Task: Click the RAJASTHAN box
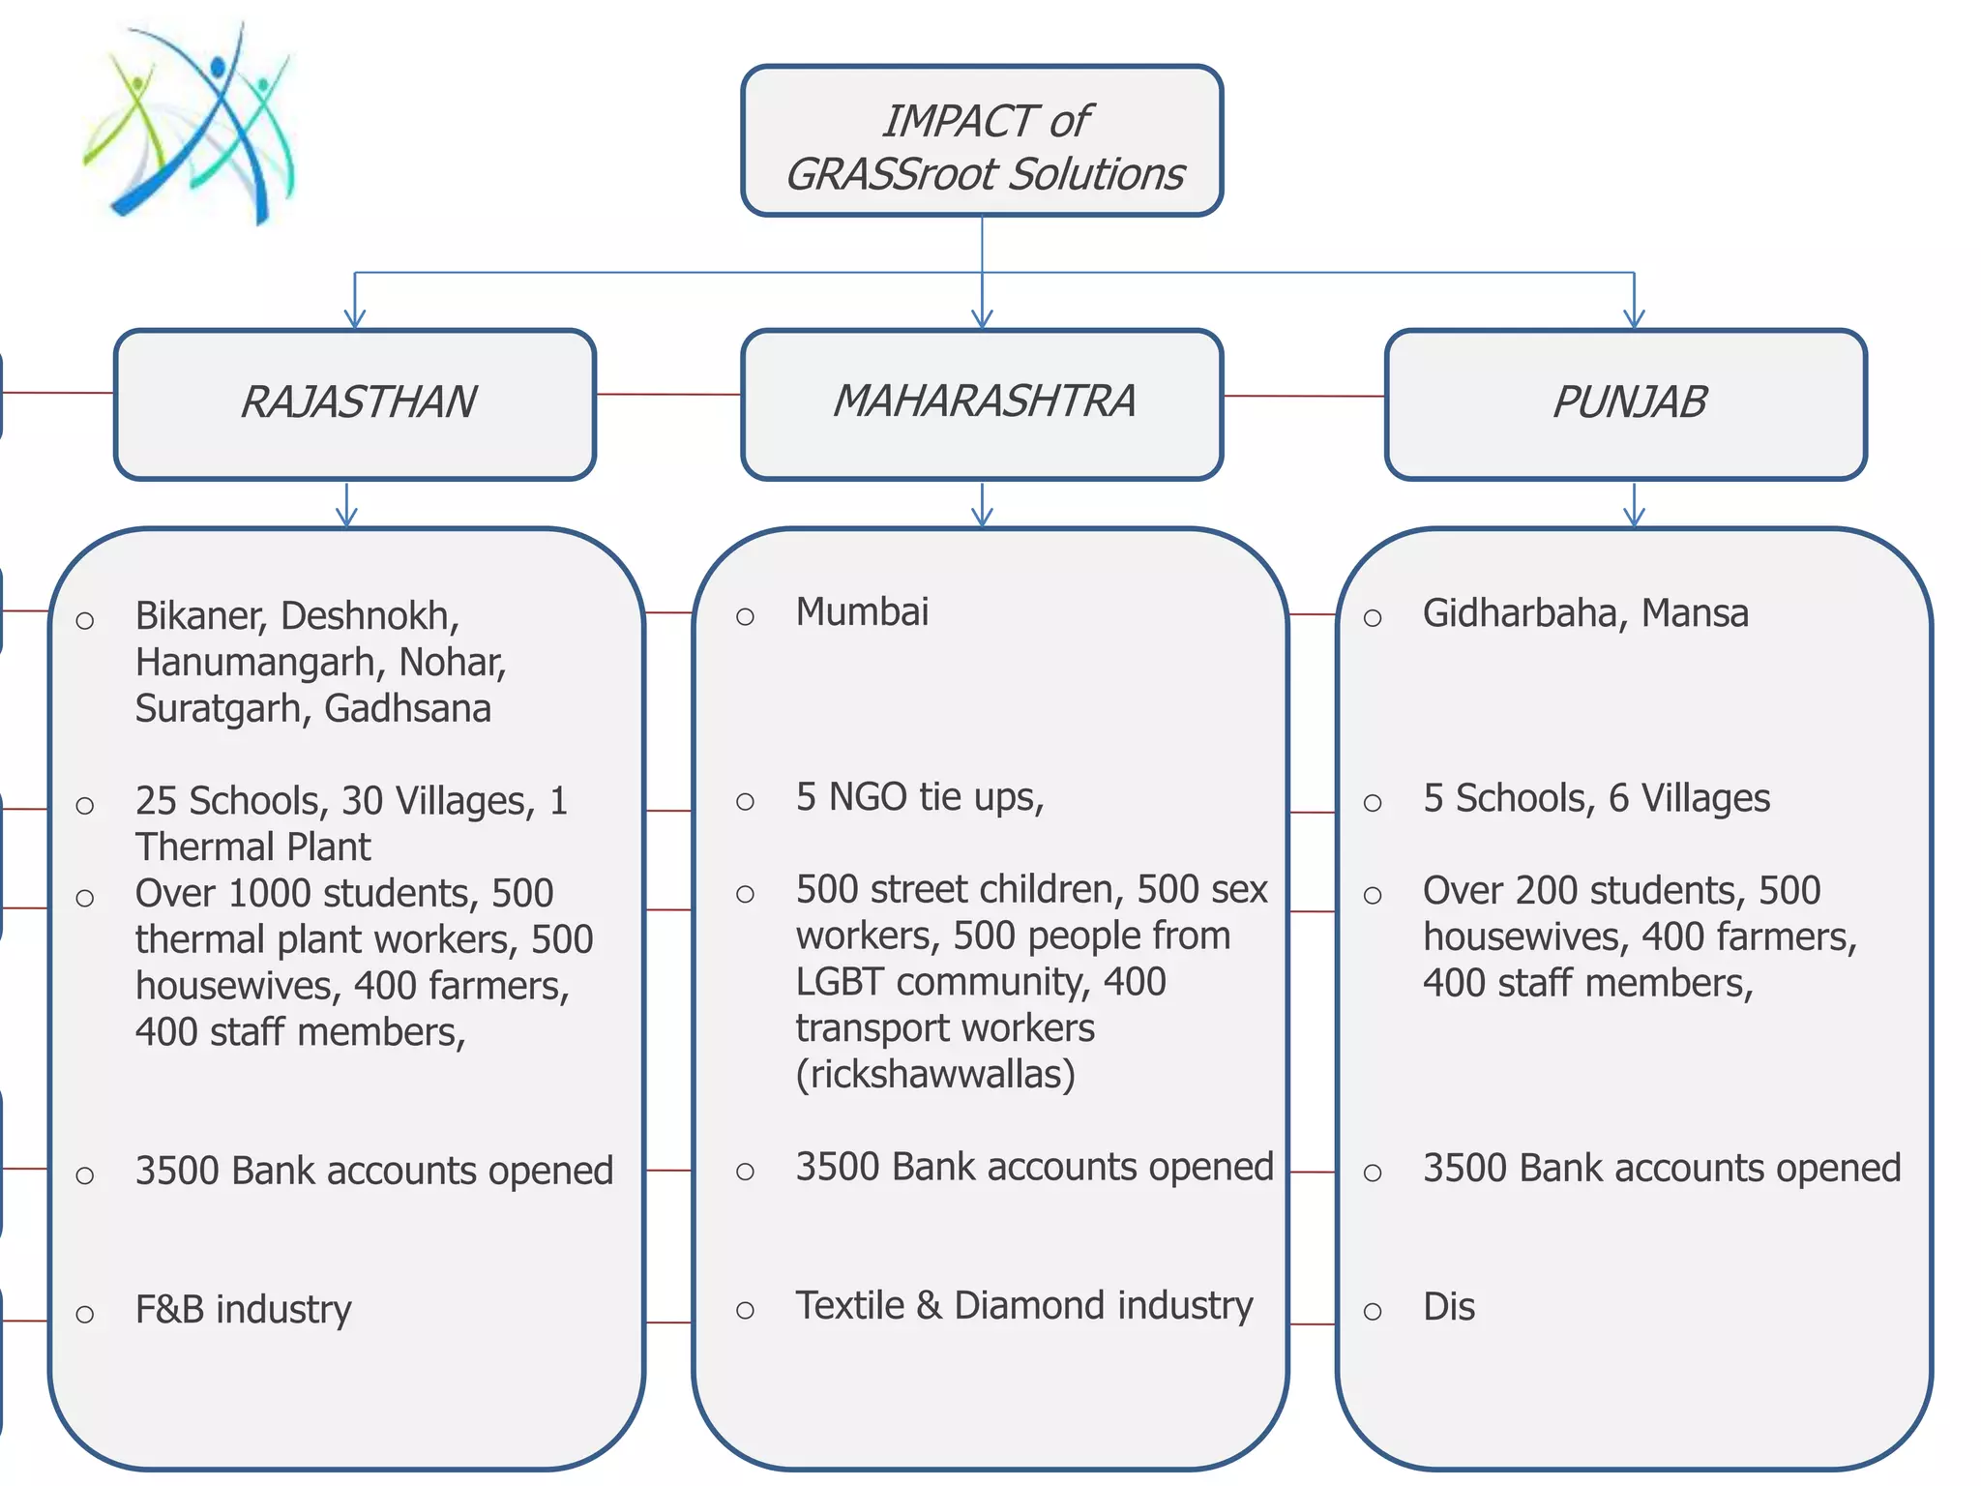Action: point(355,403)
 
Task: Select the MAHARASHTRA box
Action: point(982,403)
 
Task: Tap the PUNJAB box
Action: point(1626,403)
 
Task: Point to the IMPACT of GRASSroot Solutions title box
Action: point(982,141)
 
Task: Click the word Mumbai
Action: point(862,612)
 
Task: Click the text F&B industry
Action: point(243,1310)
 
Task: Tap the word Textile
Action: point(849,1306)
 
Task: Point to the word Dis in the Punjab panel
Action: point(1448,1308)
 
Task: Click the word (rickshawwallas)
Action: point(935,1075)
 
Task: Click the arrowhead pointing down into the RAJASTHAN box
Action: point(355,318)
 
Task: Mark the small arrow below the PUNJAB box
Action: point(1634,514)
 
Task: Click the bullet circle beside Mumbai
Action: point(745,617)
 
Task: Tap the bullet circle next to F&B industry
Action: point(85,1315)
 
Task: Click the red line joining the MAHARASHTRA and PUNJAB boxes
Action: point(1304,396)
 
